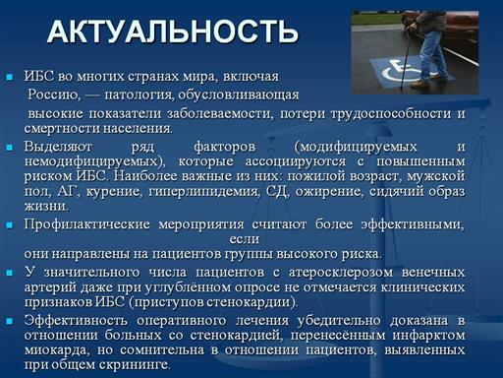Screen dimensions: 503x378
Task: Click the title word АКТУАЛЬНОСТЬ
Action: tap(173, 31)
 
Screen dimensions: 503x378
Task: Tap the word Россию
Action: tap(54, 94)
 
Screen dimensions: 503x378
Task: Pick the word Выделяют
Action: tap(58, 147)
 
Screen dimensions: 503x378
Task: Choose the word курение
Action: tap(114, 191)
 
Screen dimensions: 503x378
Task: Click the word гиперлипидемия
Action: tap(203, 191)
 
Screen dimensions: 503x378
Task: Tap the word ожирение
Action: tap(330, 191)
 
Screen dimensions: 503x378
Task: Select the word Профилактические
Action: tap(86, 224)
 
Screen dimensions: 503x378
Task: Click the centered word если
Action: tap(245, 239)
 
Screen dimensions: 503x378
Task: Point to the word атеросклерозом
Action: tap(341, 273)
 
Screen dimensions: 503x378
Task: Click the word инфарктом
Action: tap(429, 336)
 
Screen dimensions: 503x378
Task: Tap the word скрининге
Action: tap(135, 365)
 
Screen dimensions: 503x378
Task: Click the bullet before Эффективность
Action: tap(10, 321)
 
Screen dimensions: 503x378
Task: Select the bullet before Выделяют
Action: tap(10, 148)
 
